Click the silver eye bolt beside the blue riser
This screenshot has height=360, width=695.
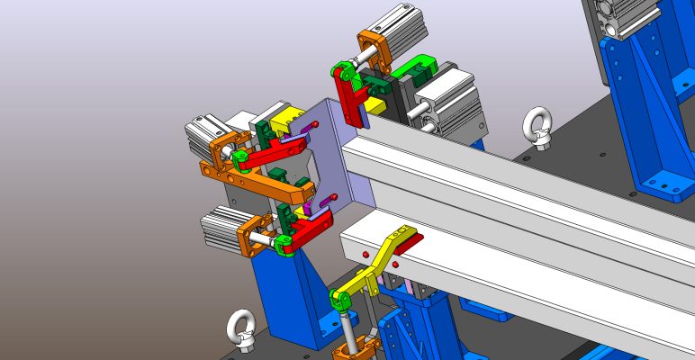(539, 125)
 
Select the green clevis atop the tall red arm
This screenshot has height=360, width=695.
(339, 70)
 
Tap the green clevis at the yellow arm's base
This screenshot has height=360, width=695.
(341, 298)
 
